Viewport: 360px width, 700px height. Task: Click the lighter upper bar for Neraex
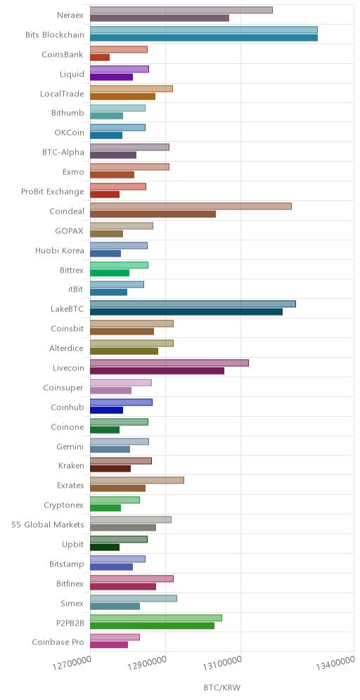181,11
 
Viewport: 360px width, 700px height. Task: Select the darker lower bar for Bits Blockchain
204,37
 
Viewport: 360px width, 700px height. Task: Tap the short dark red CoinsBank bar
100,57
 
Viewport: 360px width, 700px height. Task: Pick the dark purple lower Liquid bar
112,77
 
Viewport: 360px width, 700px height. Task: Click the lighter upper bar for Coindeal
191,206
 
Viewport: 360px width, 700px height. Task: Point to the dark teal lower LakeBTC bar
186,311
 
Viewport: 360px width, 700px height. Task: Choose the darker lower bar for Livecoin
157,370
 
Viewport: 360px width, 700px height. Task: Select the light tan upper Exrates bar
137,480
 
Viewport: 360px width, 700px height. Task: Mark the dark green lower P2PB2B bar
153,626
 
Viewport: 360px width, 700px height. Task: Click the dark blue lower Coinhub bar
106,410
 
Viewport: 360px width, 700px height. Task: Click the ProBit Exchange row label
52,192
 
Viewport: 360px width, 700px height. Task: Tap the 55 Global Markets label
47,524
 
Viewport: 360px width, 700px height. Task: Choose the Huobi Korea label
59,250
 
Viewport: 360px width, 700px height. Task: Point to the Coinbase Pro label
58,642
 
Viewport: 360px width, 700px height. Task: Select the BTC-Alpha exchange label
63,153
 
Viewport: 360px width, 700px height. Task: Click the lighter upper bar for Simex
134,598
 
